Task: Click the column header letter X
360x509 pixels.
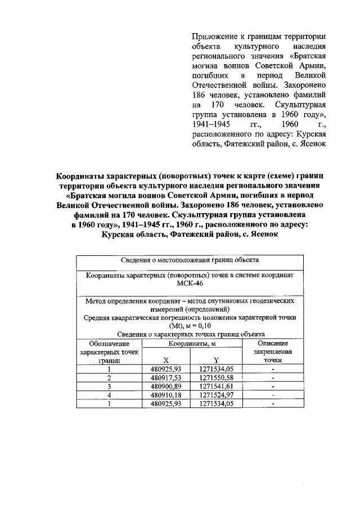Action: (165, 360)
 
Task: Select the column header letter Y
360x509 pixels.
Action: (215, 360)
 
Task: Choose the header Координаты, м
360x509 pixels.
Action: (190, 343)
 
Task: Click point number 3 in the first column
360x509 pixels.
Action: (109, 387)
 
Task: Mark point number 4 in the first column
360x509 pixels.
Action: (109, 395)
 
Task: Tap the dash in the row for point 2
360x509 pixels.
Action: (272, 378)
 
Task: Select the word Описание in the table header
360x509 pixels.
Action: (272, 343)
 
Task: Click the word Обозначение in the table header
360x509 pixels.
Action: (109, 343)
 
